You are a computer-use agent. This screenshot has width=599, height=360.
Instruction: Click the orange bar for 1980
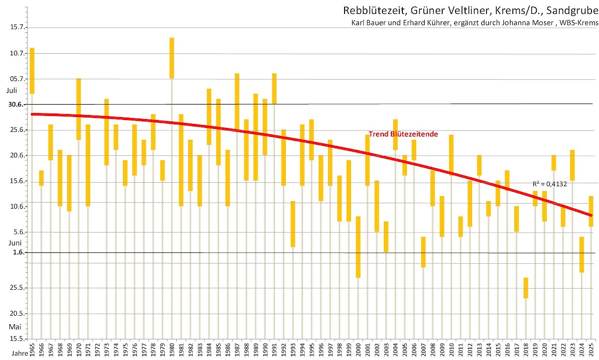click(x=172, y=58)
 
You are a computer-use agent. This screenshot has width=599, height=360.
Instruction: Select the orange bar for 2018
click(x=526, y=288)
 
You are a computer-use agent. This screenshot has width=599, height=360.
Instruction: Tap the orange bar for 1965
click(x=32, y=71)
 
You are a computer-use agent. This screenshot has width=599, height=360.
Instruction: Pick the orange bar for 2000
click(x=358, y=247)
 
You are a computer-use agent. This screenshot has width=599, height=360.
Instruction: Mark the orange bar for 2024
click(x=582, y=254)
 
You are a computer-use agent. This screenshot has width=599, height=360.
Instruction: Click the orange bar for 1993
click(x=293, y=224)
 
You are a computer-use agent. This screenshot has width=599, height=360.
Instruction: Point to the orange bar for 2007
click(x=423, y=252)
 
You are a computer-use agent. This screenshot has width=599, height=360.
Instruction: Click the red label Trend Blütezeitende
click(x=403, y=134)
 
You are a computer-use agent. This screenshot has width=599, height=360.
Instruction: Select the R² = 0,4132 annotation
click(x=550, y=183)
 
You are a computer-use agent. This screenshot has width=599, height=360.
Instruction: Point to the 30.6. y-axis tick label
click(x=16, y=104)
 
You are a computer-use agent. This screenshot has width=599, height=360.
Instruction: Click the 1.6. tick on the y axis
click(x=18, y=252)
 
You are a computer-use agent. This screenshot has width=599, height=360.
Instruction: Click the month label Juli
click(x=12, y=91)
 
